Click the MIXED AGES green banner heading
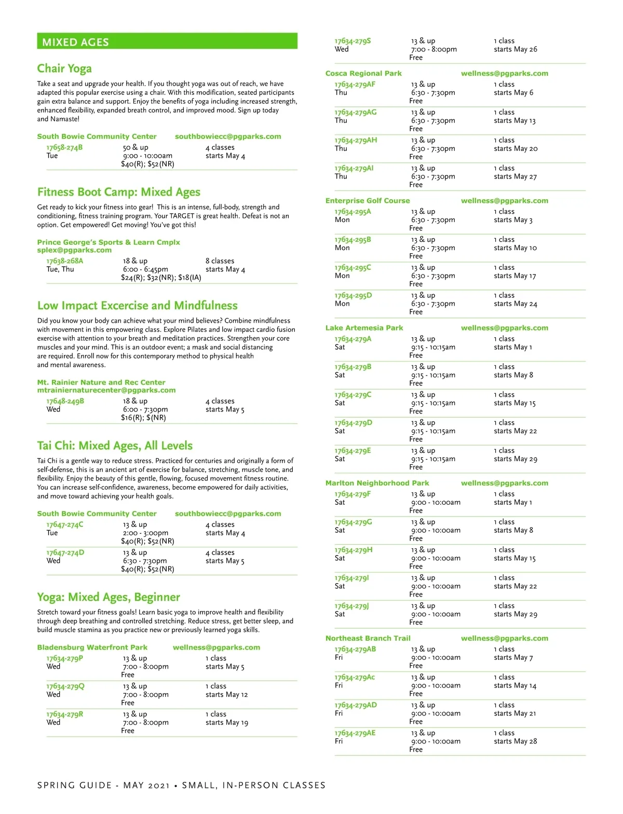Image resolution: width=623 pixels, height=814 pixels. [76, 42]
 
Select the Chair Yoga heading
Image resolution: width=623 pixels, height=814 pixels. [64, 68]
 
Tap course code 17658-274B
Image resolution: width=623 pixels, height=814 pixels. [64, 147]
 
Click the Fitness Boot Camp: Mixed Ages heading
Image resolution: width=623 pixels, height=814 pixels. [118, 192]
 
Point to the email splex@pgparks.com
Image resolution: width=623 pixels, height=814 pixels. [74, 250]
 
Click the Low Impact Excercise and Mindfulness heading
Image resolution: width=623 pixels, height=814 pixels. [138, 306]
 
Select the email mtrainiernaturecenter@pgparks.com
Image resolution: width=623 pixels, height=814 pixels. [106, 390]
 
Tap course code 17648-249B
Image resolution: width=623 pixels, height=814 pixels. [65, 401]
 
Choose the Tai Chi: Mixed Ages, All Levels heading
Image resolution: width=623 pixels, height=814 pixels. [115, 446]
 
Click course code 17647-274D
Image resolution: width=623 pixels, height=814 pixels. [65, 553]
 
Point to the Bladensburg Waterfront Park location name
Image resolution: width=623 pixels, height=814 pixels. [92, 647]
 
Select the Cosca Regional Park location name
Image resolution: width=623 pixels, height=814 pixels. [363, 74]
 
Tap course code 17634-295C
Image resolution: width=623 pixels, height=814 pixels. [353, 268]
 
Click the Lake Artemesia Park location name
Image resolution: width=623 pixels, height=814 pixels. [364, 328]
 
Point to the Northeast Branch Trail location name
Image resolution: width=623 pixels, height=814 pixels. [368, 639]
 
